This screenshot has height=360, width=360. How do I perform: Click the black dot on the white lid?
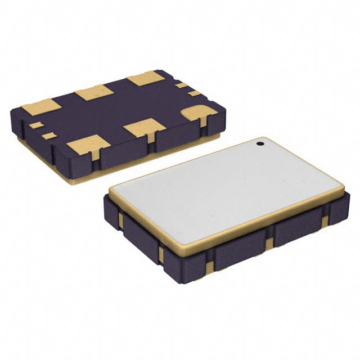tap(260, 144)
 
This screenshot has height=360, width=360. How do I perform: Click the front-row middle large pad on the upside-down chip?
tap(145, 128)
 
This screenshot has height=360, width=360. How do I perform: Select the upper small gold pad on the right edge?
tap(181, 85)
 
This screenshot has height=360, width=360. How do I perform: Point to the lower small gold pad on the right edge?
tap(194, 93)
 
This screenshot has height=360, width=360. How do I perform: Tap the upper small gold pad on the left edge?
tap(36, 125)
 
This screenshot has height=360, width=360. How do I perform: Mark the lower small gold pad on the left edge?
tap(49, 136)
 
